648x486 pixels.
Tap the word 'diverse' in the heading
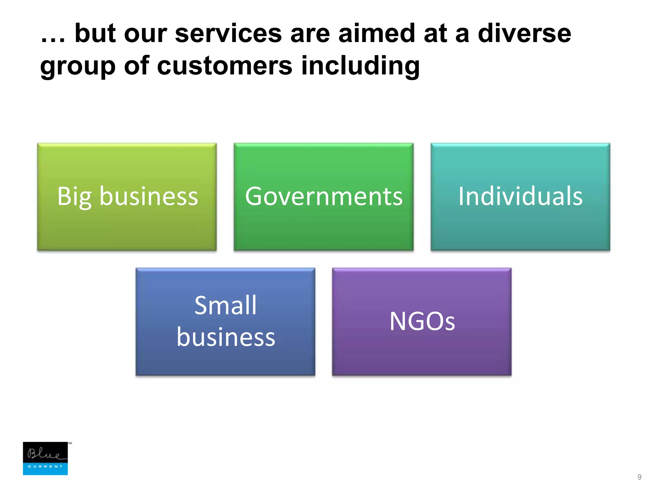[524, 34]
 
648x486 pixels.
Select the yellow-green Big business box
[127, 221]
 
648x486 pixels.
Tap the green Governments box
[324, 221]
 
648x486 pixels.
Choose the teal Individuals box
[520, 221]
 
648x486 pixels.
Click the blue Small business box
[225, 361]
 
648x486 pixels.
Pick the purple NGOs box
[422, 354]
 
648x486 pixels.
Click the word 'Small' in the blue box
[225, 305]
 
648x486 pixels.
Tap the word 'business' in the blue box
[226, 337]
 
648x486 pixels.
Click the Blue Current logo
[45, 458]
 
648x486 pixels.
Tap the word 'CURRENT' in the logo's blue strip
[45, 466]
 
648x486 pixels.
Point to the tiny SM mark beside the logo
[70, 443]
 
